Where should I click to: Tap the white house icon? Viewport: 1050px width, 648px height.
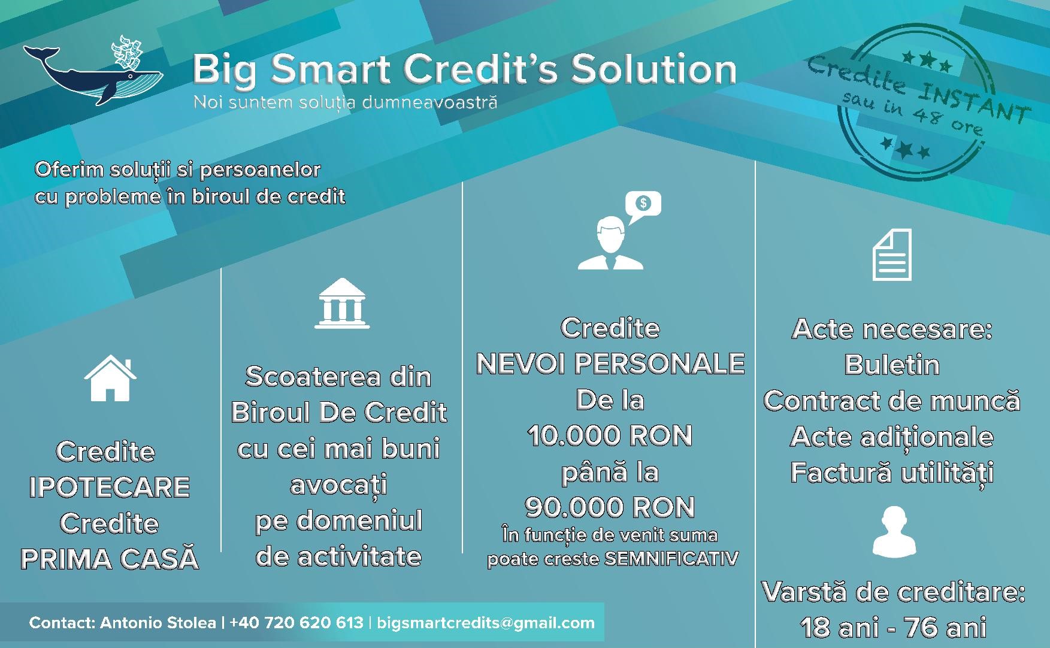click(110, 378)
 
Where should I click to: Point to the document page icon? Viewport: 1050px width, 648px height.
click(892, 255)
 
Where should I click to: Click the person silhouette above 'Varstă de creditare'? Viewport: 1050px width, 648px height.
click(894, 532)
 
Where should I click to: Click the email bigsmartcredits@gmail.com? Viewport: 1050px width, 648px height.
click(486, 623)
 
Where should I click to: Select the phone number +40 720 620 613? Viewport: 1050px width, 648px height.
click(296, 623)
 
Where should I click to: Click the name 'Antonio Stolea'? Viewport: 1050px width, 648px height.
click(158, 623)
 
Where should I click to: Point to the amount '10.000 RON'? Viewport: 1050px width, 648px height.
click(610, 436)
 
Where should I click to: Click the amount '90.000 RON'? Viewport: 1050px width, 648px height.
click(610, 508)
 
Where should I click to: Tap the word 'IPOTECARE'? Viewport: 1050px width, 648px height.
click(109, 487)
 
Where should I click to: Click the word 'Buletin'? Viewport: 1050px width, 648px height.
click(892, 365)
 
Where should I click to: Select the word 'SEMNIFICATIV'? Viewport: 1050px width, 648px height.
click(671, 559)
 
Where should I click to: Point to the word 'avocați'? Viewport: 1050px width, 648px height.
click(338, 485)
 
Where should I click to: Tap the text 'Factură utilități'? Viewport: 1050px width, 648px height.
click(892, 473)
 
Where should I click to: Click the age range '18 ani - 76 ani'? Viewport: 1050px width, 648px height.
click(892, 628)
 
